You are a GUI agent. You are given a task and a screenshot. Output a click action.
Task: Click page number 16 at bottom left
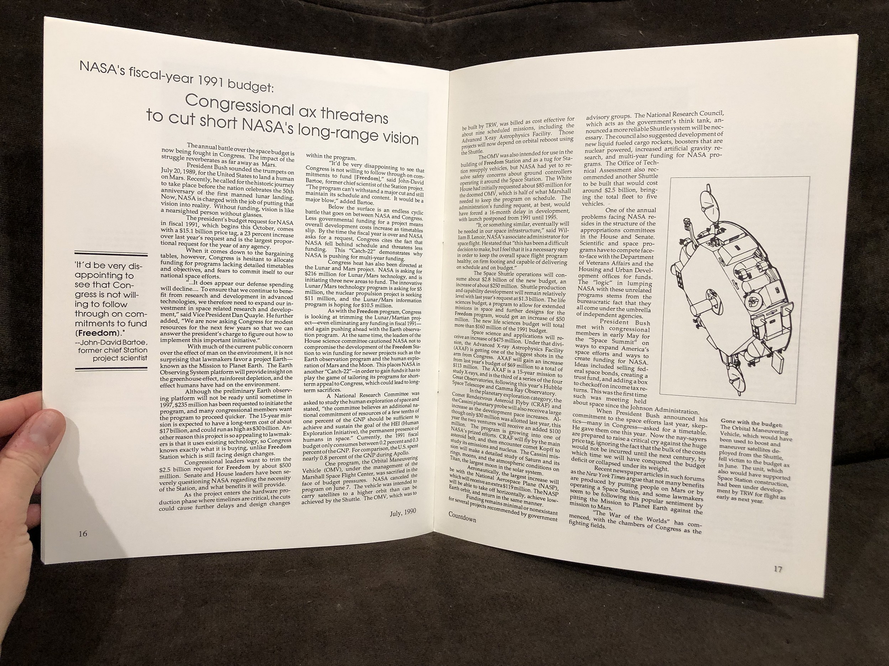(x=83, y=534)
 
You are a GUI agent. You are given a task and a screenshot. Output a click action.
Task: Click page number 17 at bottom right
(x=778, y=569)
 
